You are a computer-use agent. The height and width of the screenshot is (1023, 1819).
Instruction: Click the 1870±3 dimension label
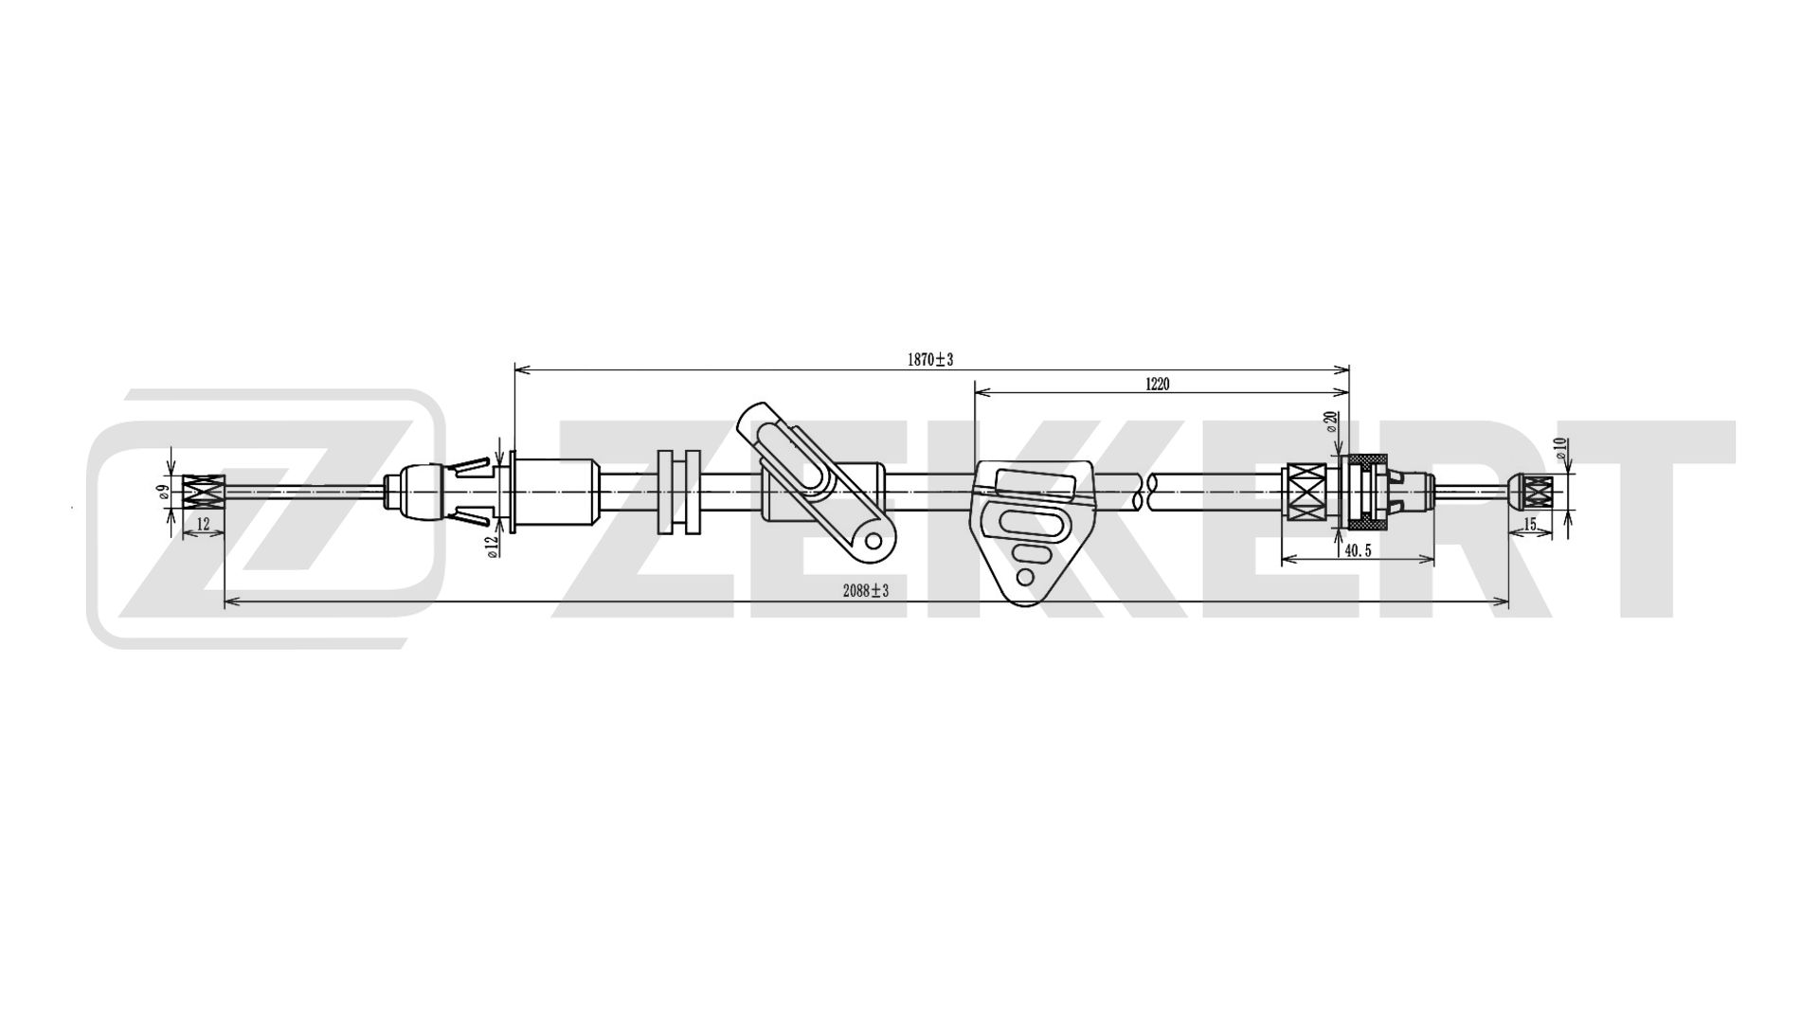[929, 359]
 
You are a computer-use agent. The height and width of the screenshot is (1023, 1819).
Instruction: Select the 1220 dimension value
[1158, 384]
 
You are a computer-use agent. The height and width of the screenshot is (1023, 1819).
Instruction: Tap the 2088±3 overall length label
[866, 591]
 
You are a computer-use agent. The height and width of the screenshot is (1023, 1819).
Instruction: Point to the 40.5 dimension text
[1358, 550]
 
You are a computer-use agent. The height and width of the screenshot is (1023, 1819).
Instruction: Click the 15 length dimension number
[1529, 524]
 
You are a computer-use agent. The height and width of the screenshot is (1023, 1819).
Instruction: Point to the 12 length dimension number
[203, 523]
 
